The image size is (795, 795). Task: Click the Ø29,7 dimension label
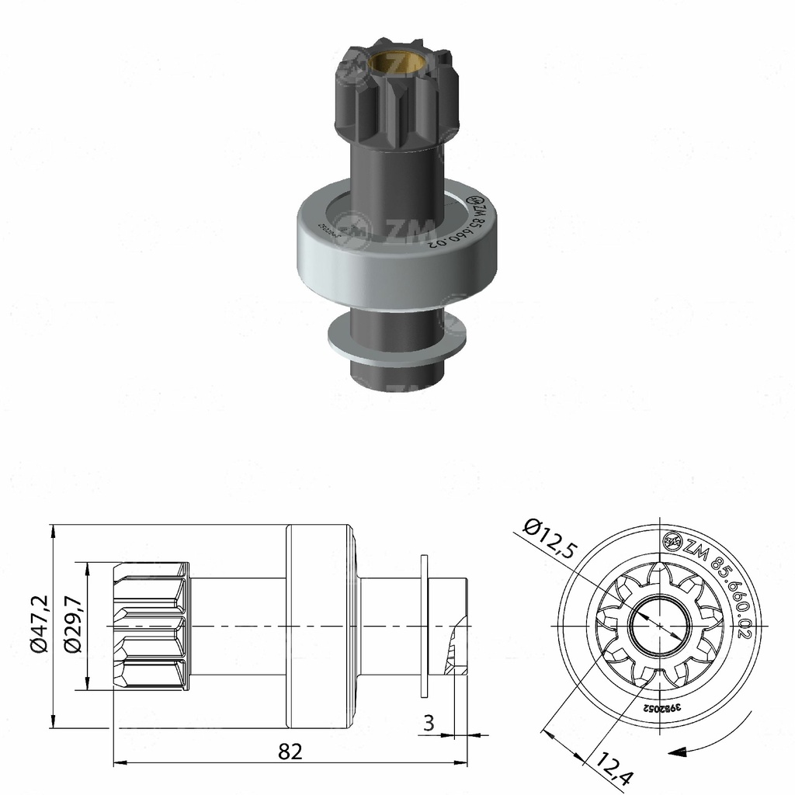[75, 626]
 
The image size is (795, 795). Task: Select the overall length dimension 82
[290, 751]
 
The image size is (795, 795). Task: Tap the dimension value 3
[429, 724]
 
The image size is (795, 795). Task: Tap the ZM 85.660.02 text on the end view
[722, 586]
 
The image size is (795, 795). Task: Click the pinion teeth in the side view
[151, 626]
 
